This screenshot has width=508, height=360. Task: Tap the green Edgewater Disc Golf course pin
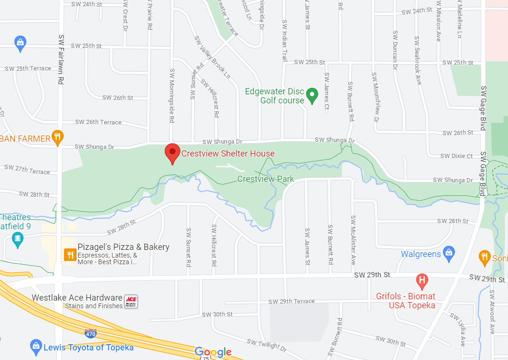(312, 95)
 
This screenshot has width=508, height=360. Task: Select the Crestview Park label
(265, 180)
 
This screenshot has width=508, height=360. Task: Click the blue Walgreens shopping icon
(448, 253)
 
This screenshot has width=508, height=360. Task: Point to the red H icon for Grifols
(422, 281)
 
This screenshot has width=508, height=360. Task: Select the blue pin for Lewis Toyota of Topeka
(35, 346)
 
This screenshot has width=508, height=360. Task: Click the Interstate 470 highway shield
(90, 333)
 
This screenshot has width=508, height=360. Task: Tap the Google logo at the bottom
(213, 353)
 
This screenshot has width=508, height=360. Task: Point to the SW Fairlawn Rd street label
(61, 59)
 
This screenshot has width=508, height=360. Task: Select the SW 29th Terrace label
(291, 301)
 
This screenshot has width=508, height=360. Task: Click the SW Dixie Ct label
(456, 156)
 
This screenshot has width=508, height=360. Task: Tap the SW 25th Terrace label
(28, 68)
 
